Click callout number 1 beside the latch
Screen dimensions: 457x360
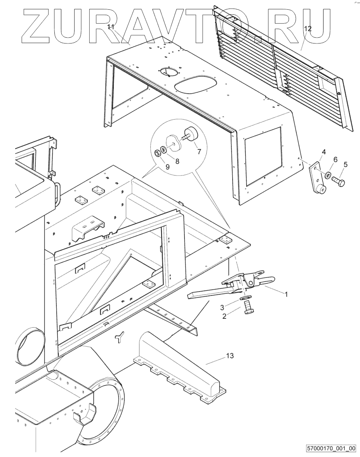point(286,294)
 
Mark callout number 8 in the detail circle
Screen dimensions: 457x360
point(177,161)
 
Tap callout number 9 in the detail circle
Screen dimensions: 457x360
point(167,167)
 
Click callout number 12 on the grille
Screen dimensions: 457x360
point(308,28)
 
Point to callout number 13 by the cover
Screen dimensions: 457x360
point(230,356)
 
